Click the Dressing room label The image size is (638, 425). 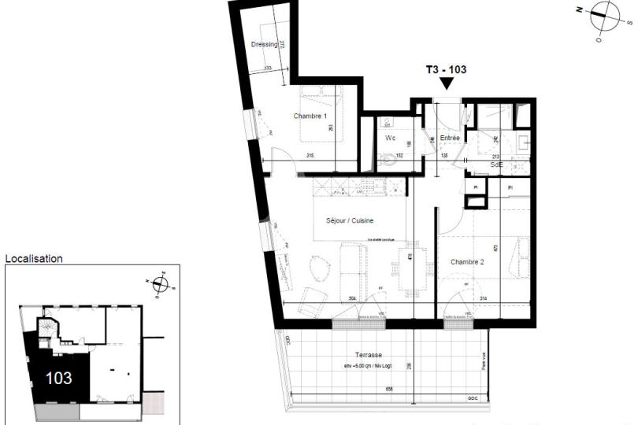(x=264, y=45)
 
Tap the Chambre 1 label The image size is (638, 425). (x=310, y=116)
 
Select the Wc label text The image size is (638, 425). (x=390, y=138)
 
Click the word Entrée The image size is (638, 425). (x=450, y=138)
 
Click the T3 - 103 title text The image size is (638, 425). (x=446, y=69)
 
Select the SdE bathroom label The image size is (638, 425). (x=496, y=165)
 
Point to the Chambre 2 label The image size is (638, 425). (x=466, y=261)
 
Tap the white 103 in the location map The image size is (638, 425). (x=59, y=378)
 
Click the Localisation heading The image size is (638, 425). (x=34, y=258)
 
